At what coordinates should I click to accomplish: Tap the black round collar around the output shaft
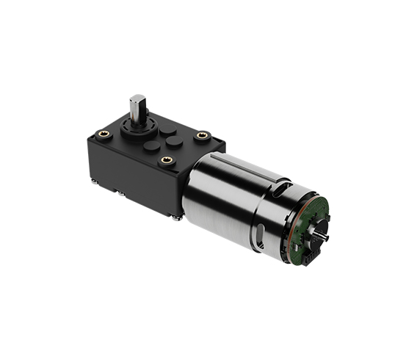point(138,129)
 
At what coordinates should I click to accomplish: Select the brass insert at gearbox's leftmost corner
point(104,134)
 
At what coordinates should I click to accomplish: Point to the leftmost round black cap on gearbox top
point(151,146)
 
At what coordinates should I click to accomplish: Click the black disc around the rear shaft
point(316,234)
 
